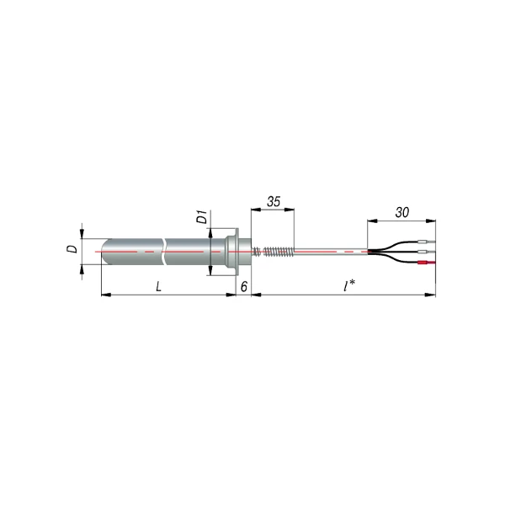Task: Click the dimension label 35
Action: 274,202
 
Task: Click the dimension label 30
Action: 402,213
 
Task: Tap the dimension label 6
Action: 244,286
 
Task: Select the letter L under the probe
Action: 158,286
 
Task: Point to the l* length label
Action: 349,285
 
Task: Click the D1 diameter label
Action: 202,217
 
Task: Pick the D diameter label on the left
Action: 72,248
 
